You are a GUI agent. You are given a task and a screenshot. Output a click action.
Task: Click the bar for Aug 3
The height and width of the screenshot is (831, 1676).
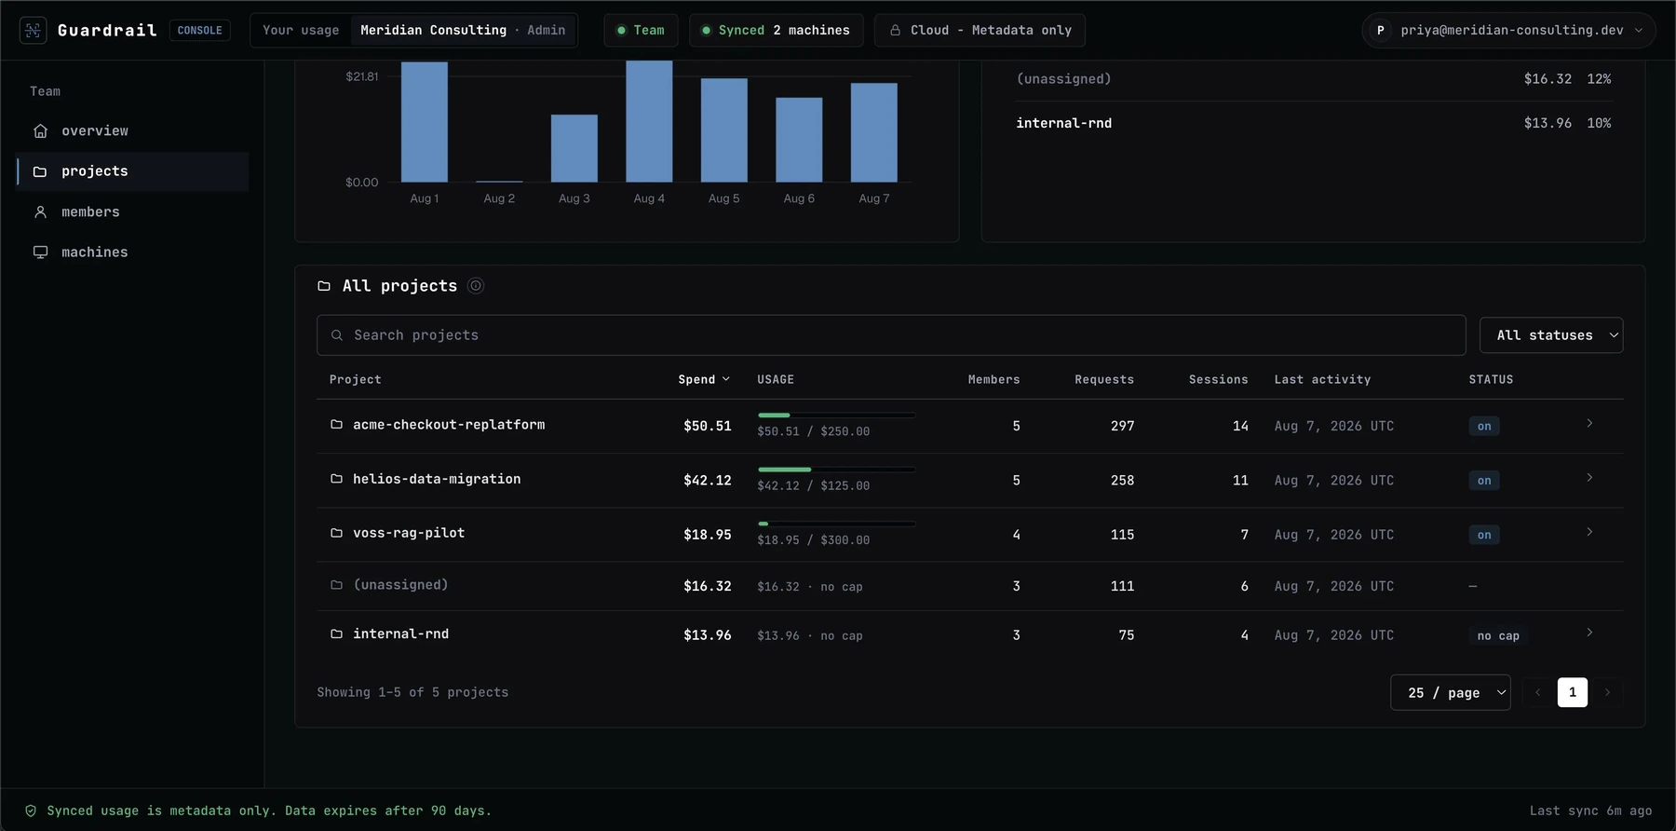[x=574, y=148]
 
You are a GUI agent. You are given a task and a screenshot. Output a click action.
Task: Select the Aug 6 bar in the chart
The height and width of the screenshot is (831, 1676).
[x=799, y=140]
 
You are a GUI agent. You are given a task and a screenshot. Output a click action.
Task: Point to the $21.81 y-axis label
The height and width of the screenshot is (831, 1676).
[x=362, y=76]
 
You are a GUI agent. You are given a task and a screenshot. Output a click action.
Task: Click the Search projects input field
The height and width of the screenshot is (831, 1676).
[x=891, y=335]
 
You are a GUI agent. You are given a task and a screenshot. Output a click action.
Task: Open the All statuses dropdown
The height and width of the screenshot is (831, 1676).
[x=1551, y=335]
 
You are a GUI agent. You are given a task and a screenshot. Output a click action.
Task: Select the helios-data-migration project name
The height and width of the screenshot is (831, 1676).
[x=437, y=479]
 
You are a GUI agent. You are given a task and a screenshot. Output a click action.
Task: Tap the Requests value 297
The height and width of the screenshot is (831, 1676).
[x=1122, y=426]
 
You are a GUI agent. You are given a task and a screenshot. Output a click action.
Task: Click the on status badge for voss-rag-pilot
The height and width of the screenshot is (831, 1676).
[x=1484, y=535]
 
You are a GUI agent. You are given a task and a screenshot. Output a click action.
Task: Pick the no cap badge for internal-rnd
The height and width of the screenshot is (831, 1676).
[x=1498, y=635]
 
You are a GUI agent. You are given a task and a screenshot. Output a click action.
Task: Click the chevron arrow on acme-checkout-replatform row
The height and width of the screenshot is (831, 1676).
[x=1589, y=424]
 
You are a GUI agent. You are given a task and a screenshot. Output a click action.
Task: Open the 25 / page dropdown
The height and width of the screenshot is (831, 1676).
[x=1451, y=692]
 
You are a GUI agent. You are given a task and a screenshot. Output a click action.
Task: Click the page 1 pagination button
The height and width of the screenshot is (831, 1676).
[x=1573, y=692]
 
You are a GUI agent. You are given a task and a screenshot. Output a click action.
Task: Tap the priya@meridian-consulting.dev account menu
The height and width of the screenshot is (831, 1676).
[x=1508, y=30]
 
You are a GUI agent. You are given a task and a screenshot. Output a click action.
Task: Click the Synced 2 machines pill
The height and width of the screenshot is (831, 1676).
[x=776, y=30]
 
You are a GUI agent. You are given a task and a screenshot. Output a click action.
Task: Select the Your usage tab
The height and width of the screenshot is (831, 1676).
[x=301, y=30]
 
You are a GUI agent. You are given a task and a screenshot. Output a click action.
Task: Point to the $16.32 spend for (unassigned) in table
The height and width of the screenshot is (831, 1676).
[x=707, y=586]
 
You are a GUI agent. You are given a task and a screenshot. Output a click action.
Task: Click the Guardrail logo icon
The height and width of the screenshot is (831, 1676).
[x=33, y=30]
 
